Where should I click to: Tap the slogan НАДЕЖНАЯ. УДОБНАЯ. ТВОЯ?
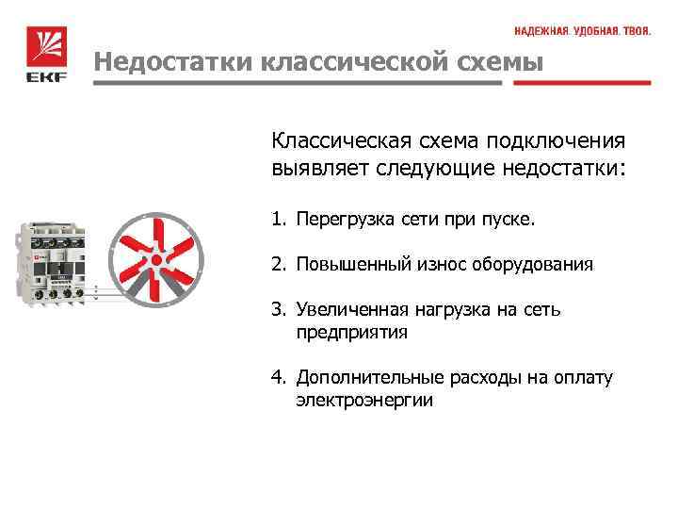pyautogui.click(x=582, y=31)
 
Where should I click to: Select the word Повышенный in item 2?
pyautogui.click(x=351, y=265)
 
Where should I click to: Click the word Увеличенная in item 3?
pyautogui.click(x=351, y=309)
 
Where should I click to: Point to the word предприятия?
pyautogui.click(x=352, y=333)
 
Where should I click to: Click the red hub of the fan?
pyautogui.click(x=154, y=256)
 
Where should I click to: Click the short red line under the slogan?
pyautogui.click(x=581, y=82)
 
